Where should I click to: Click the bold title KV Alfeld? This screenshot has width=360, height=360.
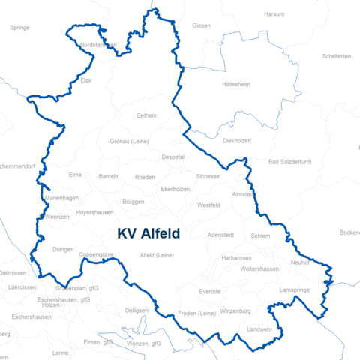[148, 233]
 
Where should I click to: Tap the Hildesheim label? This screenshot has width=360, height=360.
[238, 85]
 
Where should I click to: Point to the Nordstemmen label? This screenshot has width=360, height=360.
[98, 46]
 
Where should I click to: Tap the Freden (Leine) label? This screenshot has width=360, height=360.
[196, 313]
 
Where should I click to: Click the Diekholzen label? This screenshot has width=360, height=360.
[237, 140]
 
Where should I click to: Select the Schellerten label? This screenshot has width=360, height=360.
[336, 56]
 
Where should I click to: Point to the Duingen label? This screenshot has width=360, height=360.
[64, 250]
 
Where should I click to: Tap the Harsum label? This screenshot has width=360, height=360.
[274, 14]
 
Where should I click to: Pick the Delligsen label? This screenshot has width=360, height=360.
[137, 310]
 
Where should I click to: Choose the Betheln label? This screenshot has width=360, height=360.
[147, 115]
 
